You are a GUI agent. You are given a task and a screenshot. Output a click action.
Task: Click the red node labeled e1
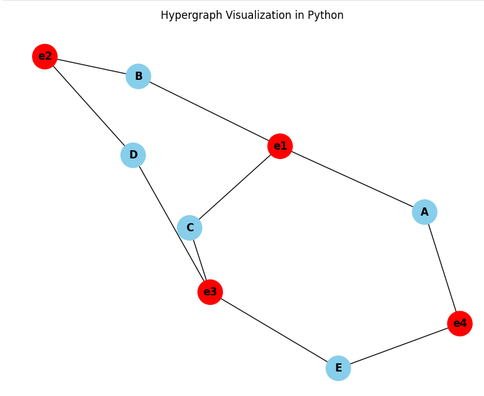coord(279,146)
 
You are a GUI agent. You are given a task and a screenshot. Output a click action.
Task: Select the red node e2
coord(45,57)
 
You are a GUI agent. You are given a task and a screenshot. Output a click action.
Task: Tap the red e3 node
coord(210,292)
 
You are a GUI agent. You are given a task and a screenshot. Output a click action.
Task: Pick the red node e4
coord(460,324)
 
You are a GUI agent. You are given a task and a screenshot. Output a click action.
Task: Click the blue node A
coord(424,212)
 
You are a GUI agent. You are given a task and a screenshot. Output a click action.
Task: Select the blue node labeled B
coord(138,77)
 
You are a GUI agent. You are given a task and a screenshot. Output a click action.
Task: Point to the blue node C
coord(190,228)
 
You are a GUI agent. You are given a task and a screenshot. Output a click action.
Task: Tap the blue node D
coord(133,155)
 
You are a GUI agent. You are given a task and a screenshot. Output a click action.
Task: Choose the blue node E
coord(338,368)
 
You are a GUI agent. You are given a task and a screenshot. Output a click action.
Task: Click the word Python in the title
coord(325,15)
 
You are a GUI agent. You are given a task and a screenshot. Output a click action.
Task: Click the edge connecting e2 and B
coord(92,67)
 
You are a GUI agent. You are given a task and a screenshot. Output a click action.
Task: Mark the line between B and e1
coord(209,112)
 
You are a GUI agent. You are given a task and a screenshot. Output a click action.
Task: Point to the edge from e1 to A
coord(352,179)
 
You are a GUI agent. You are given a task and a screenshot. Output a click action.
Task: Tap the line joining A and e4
coord(442,268)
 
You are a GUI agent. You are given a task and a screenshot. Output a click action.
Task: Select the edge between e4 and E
coord(399,346)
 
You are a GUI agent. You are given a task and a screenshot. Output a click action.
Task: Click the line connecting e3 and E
coord(274,329)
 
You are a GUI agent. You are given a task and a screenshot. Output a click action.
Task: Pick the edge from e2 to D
coord(89,106)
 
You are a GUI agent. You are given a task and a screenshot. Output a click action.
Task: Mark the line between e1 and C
coord(235,187)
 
